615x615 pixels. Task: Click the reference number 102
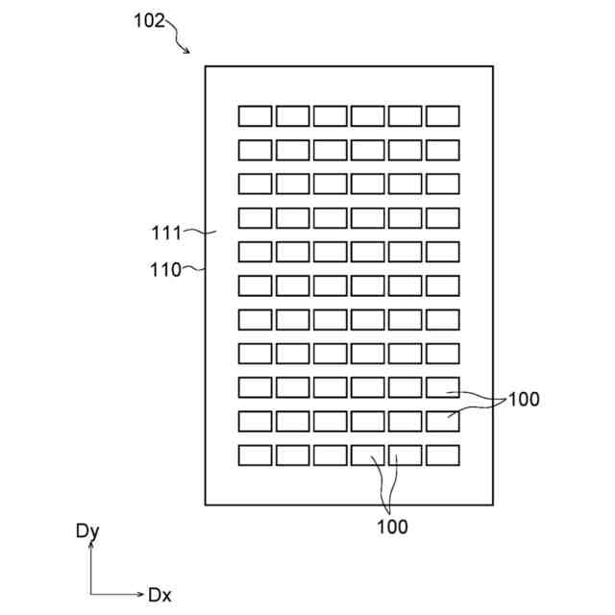(x=149, y=20)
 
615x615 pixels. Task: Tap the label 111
(x=166, y=232)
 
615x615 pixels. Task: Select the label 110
(x=165, y=270)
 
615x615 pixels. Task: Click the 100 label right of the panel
(x=524, y=399)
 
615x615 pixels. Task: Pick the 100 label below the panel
(x=392, y=527)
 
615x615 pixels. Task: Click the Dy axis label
(x=87, y=531)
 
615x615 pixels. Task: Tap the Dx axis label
(x=160, y=595)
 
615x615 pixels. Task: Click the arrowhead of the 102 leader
(x=187, y=50)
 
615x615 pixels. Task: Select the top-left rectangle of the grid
(x=255, y=115)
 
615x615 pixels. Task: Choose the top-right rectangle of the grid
(x=442, y=115)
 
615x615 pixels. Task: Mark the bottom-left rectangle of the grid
(x=255, y=455)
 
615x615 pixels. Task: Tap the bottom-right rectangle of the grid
(x=442, y=455)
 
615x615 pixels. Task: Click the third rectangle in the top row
(x=330, y=115)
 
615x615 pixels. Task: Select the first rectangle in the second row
(x=255, y=149)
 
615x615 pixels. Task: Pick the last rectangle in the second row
(x=442, y=149)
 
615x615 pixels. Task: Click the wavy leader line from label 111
(x=200, y=232)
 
